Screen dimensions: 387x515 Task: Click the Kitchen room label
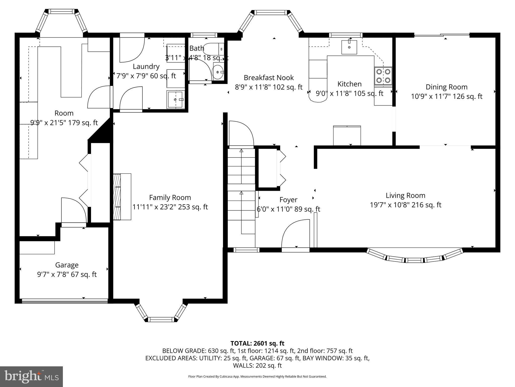click(349, 84)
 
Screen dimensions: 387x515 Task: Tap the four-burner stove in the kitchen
click(383, 76)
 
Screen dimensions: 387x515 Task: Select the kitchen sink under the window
click(349, 47)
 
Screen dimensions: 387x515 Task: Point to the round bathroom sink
click(218, 72)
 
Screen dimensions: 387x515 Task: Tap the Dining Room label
click(446, 87)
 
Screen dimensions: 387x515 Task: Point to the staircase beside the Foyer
click(241, 191)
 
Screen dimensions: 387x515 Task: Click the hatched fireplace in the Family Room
click(117, 197)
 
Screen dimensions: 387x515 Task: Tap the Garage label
click(67, 265)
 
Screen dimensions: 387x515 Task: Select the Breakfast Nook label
click(269, 77)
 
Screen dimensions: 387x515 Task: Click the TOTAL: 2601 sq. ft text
click(257, 343)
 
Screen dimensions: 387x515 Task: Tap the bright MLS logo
click(31, 376)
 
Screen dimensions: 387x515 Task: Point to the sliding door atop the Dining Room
click(442, 35)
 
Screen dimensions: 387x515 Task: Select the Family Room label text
click(170, 197)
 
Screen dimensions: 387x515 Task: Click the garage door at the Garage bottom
click(65, 301)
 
